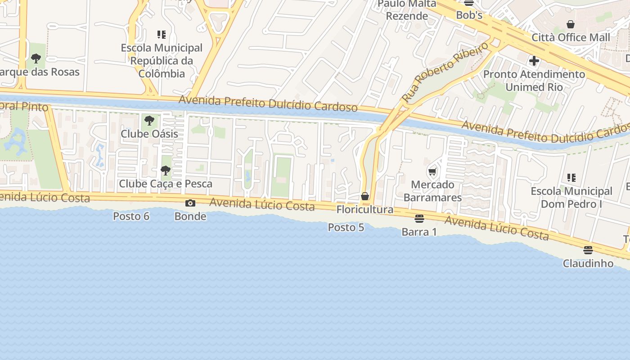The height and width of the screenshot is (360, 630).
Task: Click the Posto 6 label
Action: (131, 216)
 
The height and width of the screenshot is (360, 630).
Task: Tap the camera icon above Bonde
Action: (190, 203)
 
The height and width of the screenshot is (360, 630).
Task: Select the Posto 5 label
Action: (346, 228)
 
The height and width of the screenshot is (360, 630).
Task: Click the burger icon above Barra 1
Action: (419, 219)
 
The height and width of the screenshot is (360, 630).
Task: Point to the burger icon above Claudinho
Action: (588, 250)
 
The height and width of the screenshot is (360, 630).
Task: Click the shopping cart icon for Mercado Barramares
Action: (432, 171)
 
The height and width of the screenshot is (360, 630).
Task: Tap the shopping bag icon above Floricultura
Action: (365, 196)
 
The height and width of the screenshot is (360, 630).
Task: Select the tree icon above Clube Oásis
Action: (149, 120)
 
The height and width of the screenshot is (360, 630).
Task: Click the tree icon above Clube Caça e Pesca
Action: (166, 171)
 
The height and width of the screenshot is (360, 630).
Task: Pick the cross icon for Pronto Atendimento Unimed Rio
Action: (534, 60)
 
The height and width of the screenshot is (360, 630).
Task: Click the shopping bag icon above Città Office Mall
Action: (571, 24)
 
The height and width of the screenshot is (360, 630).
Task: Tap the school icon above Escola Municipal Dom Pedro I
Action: (571, 178)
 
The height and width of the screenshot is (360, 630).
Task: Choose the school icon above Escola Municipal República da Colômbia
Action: (162, 34)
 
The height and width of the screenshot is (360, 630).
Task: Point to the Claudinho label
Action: (588, 263)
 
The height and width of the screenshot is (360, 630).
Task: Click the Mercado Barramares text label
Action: (432, 191)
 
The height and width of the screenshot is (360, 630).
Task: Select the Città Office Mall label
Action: (571, 37)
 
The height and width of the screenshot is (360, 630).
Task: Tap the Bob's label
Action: (469, 15)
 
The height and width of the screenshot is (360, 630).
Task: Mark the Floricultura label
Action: (365, 210)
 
